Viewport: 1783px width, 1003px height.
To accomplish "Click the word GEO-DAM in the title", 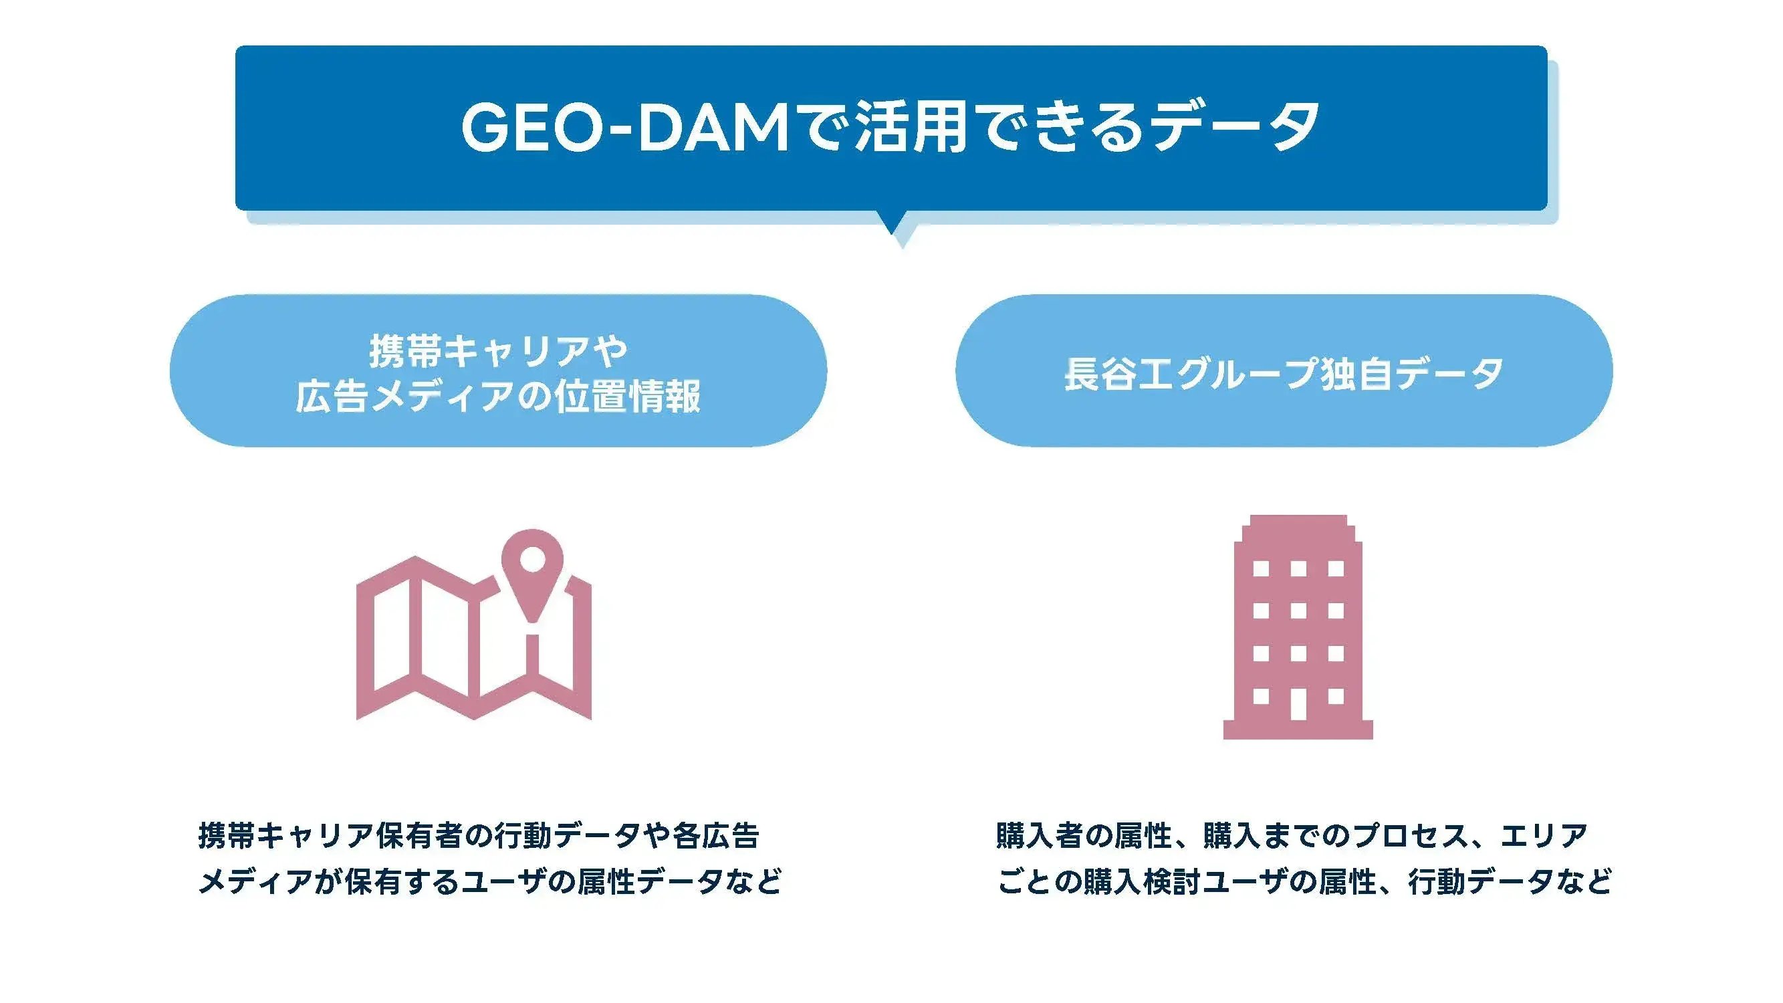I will pyautogui.click(x=625, y=128).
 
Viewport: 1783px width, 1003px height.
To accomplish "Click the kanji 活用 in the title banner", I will pyautogui.click(x=910, y=128).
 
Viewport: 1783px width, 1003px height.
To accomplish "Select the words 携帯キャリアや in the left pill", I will pyautogui.click(x=497, y=351).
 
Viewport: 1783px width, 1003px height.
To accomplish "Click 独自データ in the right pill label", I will pyautogui.click(x=1412, y=374).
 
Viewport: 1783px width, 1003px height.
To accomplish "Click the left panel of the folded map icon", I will pyautogui.click(x=388, y=637).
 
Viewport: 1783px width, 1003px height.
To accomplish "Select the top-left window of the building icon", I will pyautogui.click(x=1260, y=568).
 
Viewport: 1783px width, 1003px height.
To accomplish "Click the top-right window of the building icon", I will pyautogui.click(x=1336, y=568).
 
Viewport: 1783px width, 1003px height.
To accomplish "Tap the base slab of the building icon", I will pyautogui.click(x=1298, y=730).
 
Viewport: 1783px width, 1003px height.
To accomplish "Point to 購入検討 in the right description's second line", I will pyautogui.click(x=1141, y=881).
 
